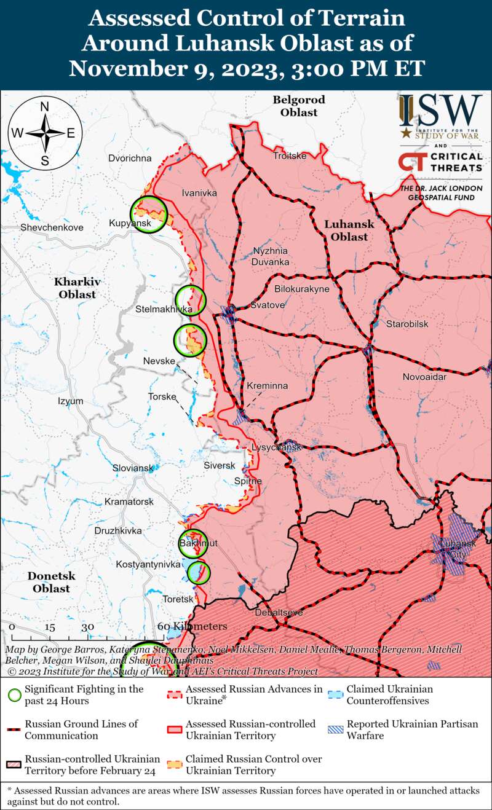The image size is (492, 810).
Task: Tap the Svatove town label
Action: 268,305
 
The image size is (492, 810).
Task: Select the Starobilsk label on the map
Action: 407,324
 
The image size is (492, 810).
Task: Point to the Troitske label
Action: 290,156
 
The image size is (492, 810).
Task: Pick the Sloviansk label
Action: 133,468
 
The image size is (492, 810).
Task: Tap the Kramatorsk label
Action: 129,502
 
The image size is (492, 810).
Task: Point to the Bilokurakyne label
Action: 302,289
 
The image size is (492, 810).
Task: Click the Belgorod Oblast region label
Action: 299,106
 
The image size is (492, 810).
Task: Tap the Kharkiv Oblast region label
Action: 77,288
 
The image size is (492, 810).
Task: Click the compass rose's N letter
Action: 45,107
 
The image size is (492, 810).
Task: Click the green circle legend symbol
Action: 15,695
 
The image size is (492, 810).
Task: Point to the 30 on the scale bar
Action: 88,627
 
